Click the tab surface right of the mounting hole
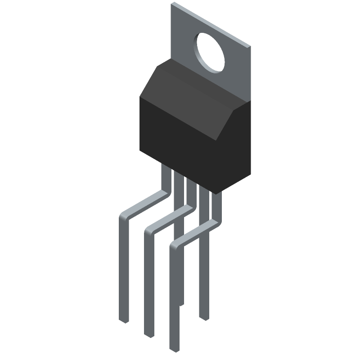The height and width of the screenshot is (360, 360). click(x=236, y=67)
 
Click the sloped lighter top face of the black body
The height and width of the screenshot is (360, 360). click(x=189, y=90)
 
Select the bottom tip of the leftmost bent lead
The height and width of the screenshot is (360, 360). click(x=124, y=320)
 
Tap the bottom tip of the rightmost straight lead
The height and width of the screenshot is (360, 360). click(x=205, y=318)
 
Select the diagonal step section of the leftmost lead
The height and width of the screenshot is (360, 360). click(x=144, y=205)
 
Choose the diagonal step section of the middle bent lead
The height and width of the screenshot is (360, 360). click(x=169, y=219)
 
